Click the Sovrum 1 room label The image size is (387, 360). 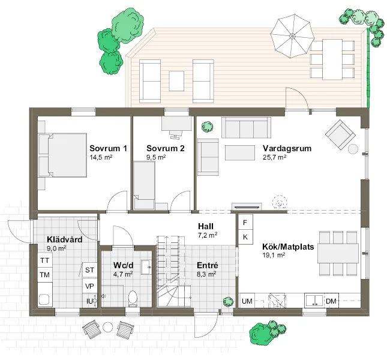pyautogui.click(x=108, y=148)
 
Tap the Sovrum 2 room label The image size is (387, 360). pyautogui.click(x=165, y=148)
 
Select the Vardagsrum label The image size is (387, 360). pyautogui.click(x=287, y=148)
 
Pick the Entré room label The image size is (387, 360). pyautogui.click(x=207, y=265)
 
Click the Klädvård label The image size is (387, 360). pyautogui.click(x=64, y=239)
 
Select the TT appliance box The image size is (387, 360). pyautogui.click(x=44, y=261)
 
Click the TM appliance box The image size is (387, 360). pyautogui.click(x=44, y=275)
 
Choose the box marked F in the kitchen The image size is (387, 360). pyautogui.click(x=245, y=223)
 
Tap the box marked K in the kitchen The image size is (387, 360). pyautogui.click(x=245, y=238)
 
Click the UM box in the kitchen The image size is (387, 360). pyautogui.click(x=246, y=301)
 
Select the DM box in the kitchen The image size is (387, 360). pyautogui.click(x=331, y=301)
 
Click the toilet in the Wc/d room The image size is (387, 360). pyautogui.click(x=133, y=297)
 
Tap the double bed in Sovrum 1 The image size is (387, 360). pyautogui.click(x=63, y=155)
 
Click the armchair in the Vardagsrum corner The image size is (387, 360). pyautogui.click(x=339, y=134)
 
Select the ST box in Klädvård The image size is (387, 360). pyautogui.click(x=90, y=270)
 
